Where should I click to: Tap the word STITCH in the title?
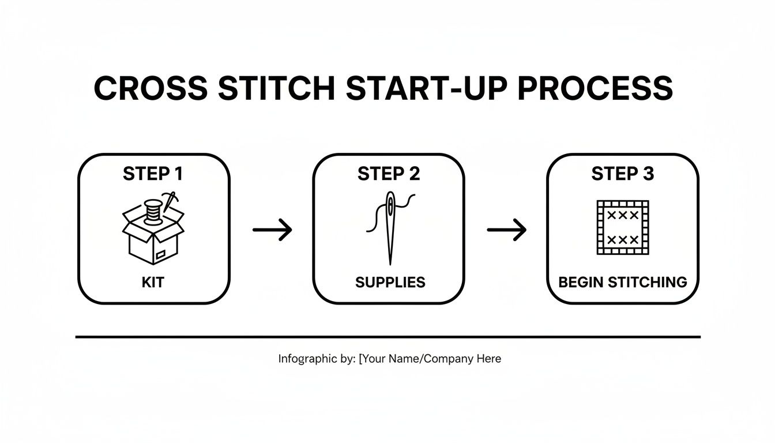[x=274, y=88]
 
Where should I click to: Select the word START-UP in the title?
[x=426, y=88]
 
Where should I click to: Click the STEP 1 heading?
[x=154, y=174]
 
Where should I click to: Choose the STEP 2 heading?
[x=389, y=174]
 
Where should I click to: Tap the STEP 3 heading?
[x=623, y=174]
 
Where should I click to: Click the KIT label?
[x=153, y=282]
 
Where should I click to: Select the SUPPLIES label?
[x=390, y=282]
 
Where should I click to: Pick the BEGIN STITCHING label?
[x=623, y=282]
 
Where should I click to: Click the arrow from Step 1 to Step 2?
[x=272, y=230]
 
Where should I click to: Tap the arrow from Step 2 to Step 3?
[x=506, y=230]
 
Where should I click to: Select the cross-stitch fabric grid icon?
[x=622, y=227]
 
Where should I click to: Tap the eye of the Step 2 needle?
[x=392, y=205]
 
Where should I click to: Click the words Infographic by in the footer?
[x=316, y=359]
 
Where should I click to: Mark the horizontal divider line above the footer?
[x=387, y=336]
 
